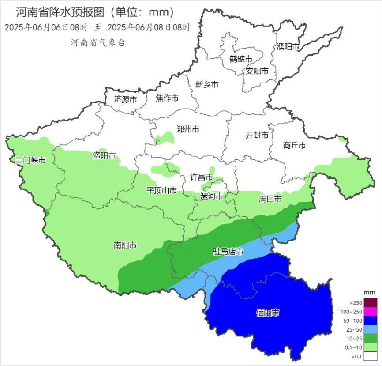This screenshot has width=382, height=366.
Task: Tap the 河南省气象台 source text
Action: click(x=98, y=42)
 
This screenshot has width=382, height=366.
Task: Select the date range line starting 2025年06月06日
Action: click(x=97, y=27)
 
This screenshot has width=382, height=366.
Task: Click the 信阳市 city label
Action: click(x=268, y=313)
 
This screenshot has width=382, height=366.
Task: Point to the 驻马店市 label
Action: click(x=228, y=252)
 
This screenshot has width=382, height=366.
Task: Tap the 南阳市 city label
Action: click(x=125, y=245)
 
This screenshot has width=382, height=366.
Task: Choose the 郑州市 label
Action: click(x=188, y=129)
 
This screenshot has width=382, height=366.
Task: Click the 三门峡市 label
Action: click(x=30, y=160)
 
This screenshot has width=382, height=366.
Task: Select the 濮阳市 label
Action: click(x=288, y=46)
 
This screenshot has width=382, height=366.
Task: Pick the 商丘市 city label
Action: click(x=294, y=145)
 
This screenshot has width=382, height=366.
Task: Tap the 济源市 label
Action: click(x=125, y=99)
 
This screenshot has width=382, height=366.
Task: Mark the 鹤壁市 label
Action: click(x=241, y=59)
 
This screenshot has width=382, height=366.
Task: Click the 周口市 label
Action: click(x=270, y=199)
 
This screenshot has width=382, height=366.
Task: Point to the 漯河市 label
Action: click(x=212, y=196)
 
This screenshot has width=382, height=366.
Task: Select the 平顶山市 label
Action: click(x=162, y=191)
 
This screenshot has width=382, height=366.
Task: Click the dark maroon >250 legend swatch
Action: click(x=371, y=303)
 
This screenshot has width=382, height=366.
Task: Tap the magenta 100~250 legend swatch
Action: click(x=371, y=312)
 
